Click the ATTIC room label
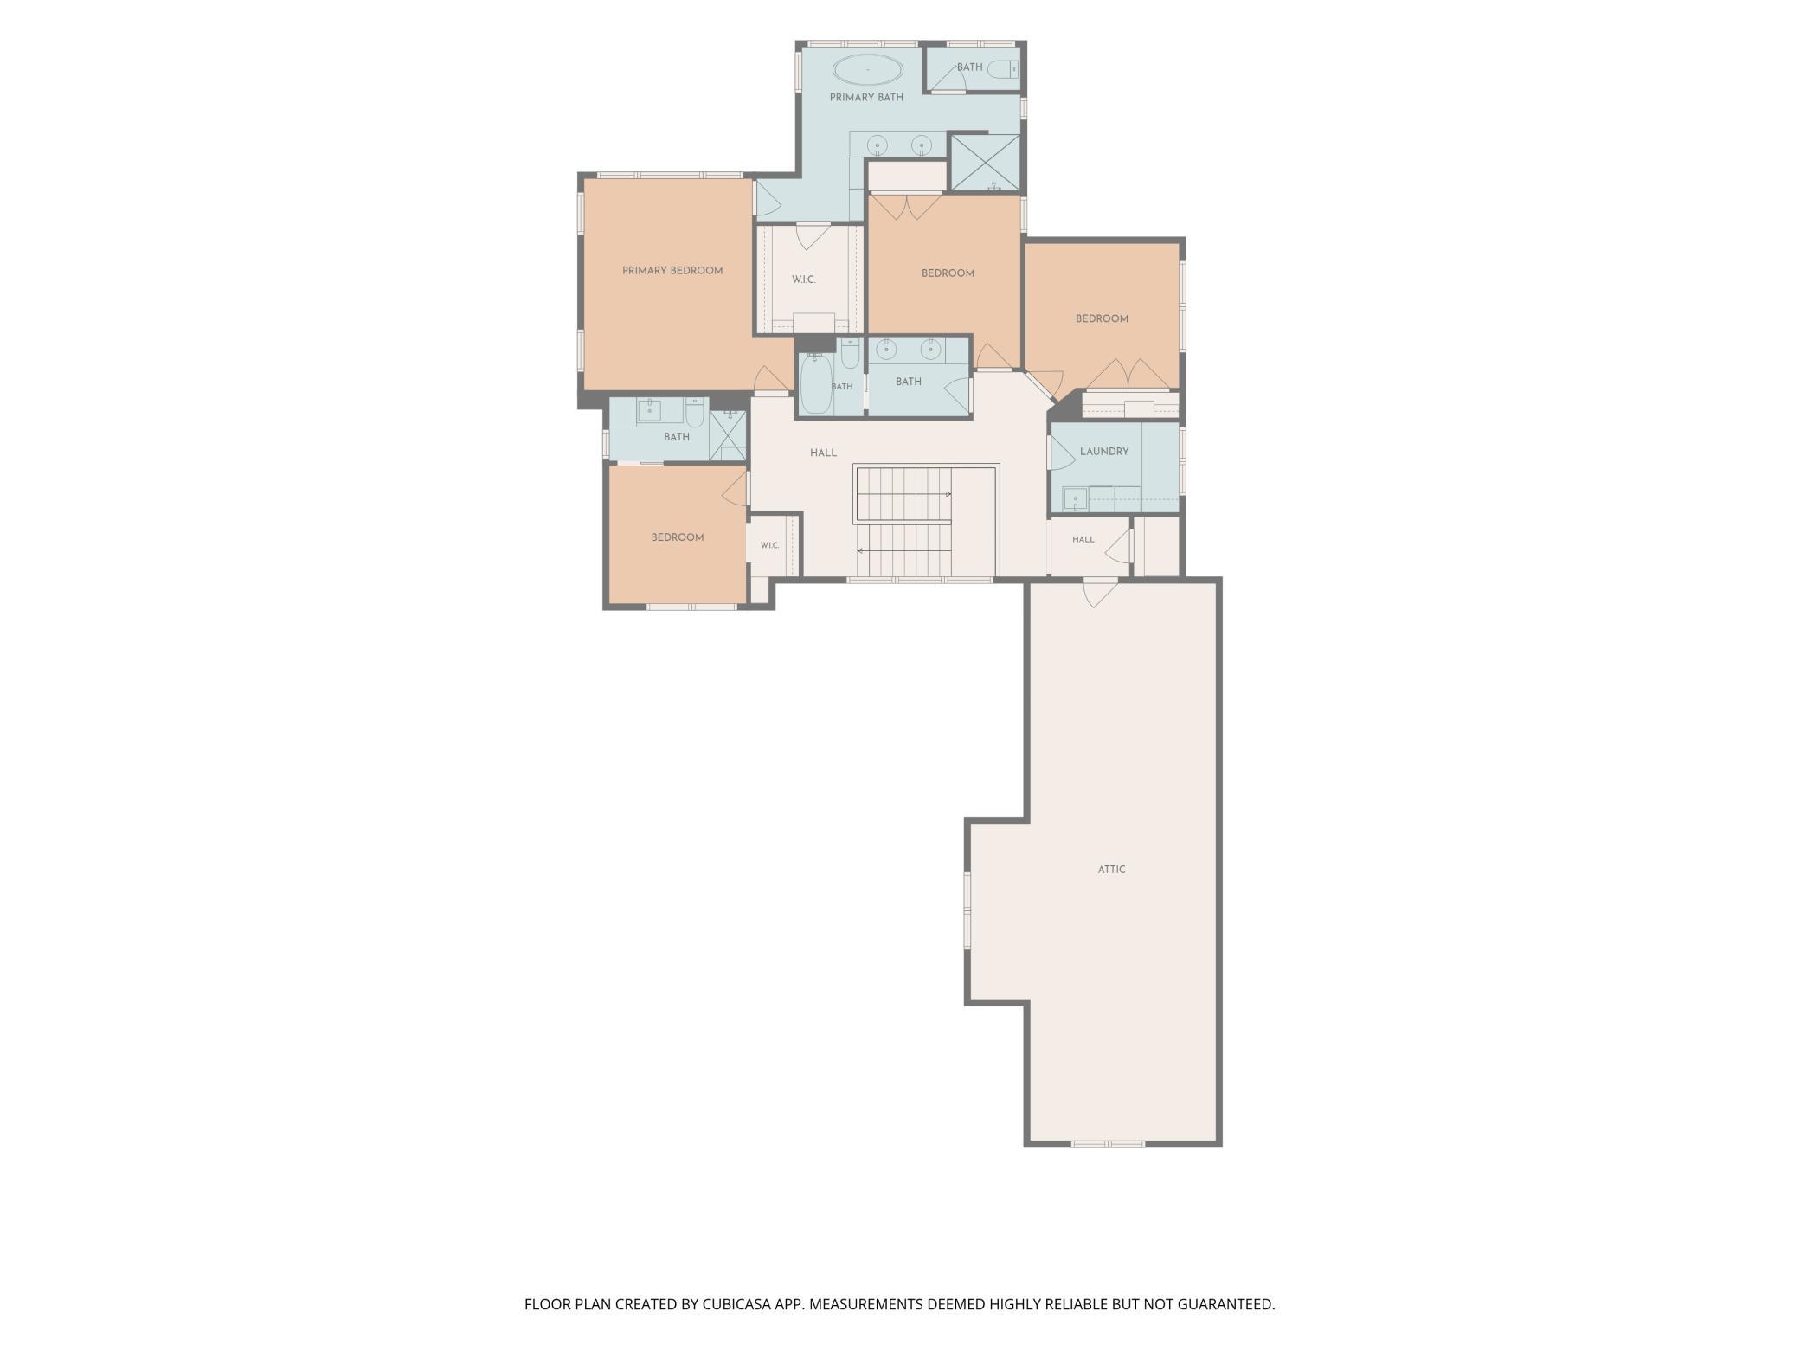[1111, 870]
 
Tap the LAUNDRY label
[1104, 452]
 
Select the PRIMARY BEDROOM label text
[672, 271]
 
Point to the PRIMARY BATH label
[866, 98]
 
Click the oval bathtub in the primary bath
[867, 68]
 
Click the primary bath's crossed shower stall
[986, 162]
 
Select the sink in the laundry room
[1075, 499]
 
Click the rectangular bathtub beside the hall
[815, 383]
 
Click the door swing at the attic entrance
[1101, 594]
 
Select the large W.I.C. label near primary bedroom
[804, 280]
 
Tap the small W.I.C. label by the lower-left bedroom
[770, 546]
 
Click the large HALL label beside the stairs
[823, 453]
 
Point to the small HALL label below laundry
[1083, 539]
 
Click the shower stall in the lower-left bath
[728, 434]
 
